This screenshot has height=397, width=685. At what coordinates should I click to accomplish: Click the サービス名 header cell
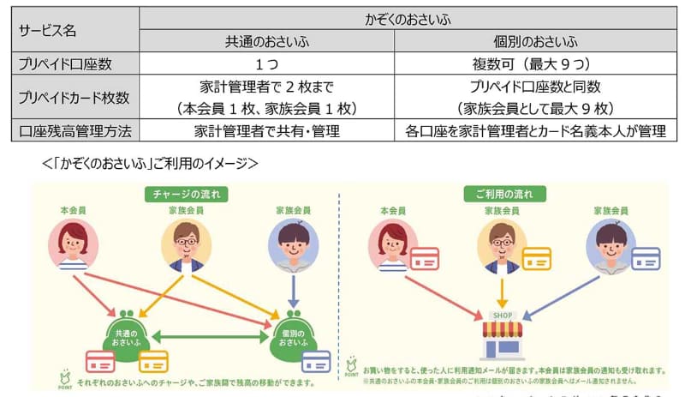click(x=47, y=30)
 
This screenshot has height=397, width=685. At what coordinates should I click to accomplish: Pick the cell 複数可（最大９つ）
click(x=532, y=63)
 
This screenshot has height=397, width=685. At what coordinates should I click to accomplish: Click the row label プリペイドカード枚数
click(x=68, y=97)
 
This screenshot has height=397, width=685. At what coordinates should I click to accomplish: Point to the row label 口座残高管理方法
click(x=68, y=131)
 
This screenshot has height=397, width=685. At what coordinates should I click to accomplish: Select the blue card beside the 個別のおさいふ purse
click(x=317, y=361)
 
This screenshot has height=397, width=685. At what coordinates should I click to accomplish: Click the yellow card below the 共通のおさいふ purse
click(x=153, y=361)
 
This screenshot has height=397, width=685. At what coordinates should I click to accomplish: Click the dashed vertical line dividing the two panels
click(x=340, y=283)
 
